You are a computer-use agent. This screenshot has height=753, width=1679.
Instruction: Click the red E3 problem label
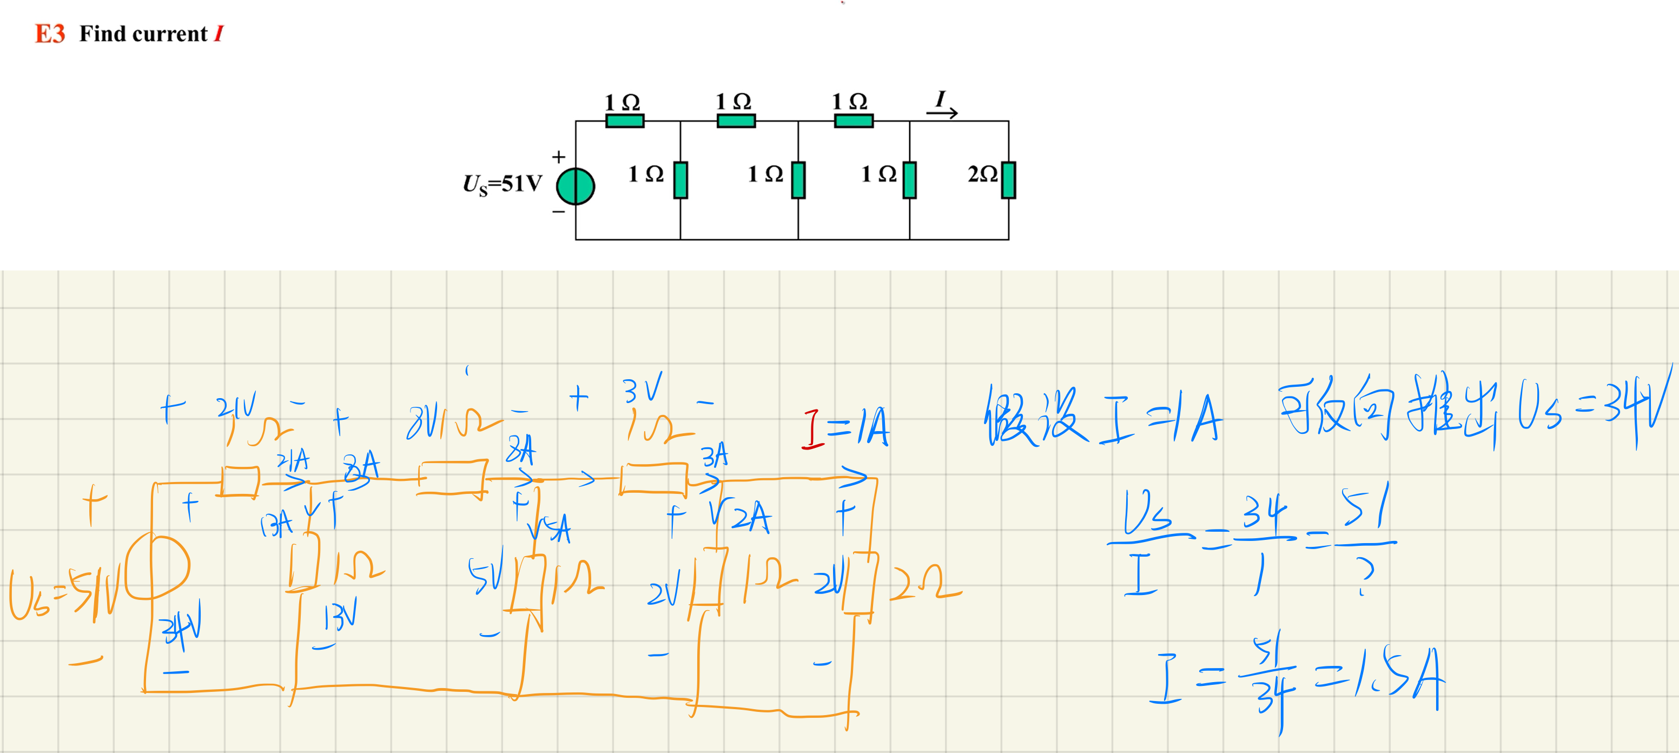tap(50, 34)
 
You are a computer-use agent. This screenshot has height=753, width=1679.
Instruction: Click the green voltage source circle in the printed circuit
tap(575, 187)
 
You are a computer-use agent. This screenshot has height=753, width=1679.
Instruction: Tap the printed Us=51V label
tap(502, 184)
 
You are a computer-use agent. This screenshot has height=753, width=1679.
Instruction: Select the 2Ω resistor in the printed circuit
tap(1008, 180)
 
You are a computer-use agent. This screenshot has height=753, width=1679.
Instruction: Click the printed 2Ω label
tap(982, 174)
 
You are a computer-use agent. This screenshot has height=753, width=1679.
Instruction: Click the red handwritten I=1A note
tap(845, 428)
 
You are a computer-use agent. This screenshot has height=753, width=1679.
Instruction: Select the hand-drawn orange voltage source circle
tap(158, 567)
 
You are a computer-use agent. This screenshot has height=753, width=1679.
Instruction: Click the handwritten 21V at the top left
tap(236, 407)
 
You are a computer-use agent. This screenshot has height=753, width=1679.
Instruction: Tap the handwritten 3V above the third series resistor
tap(642, 389)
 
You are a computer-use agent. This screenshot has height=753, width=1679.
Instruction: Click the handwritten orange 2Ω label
tap(924, 582)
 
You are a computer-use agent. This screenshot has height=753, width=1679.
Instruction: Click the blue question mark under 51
tap(1364, 577)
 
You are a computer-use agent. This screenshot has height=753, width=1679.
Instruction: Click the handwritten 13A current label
tap(276, 525)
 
